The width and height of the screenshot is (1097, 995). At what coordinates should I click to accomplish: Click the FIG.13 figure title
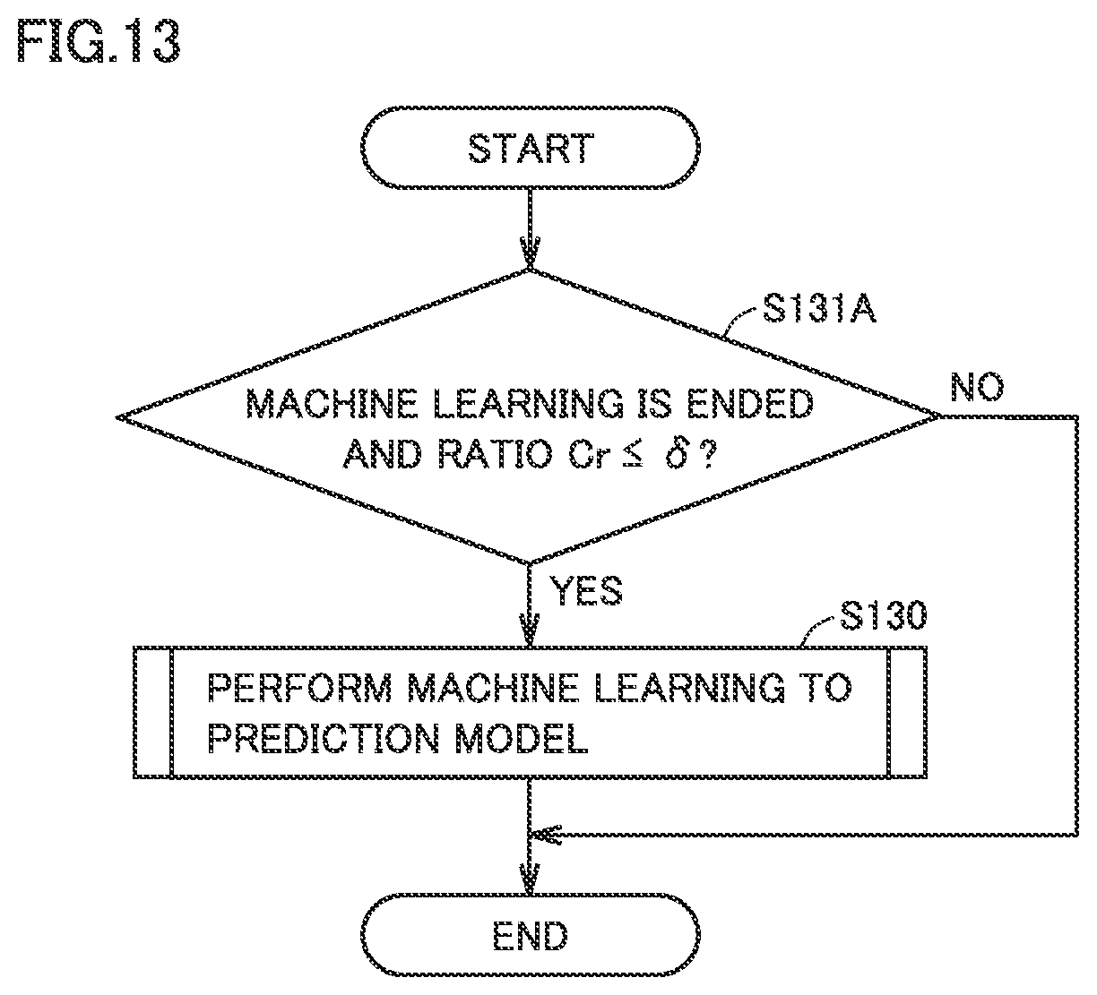coord(99,41)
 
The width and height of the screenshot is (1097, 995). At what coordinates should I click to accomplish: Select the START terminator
coord(530,148)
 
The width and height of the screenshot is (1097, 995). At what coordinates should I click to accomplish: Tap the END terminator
coord(530,935)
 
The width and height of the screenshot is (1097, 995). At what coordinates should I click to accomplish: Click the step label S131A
coord(819,308)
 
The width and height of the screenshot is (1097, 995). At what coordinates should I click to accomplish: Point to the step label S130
coord(883,615)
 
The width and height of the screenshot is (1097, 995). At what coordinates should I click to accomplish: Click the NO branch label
coord(977,387)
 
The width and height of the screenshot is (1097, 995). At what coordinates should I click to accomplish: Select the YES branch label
coord(586,590)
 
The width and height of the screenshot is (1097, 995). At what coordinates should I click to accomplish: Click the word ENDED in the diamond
coord(750,404)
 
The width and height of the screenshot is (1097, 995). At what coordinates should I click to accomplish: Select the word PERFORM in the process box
coord(299,688)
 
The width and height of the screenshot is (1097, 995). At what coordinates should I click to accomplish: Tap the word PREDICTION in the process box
coord(324,738)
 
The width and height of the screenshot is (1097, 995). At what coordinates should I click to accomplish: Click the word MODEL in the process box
coord(522,738)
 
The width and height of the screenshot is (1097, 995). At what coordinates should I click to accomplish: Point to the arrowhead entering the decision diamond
coord(530,253)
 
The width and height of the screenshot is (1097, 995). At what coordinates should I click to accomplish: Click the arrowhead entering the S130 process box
coord(530,630)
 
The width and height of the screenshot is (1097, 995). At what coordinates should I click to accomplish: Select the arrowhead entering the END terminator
coord(530,878)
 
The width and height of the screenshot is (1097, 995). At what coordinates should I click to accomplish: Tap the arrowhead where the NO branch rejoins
coord(546,835)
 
